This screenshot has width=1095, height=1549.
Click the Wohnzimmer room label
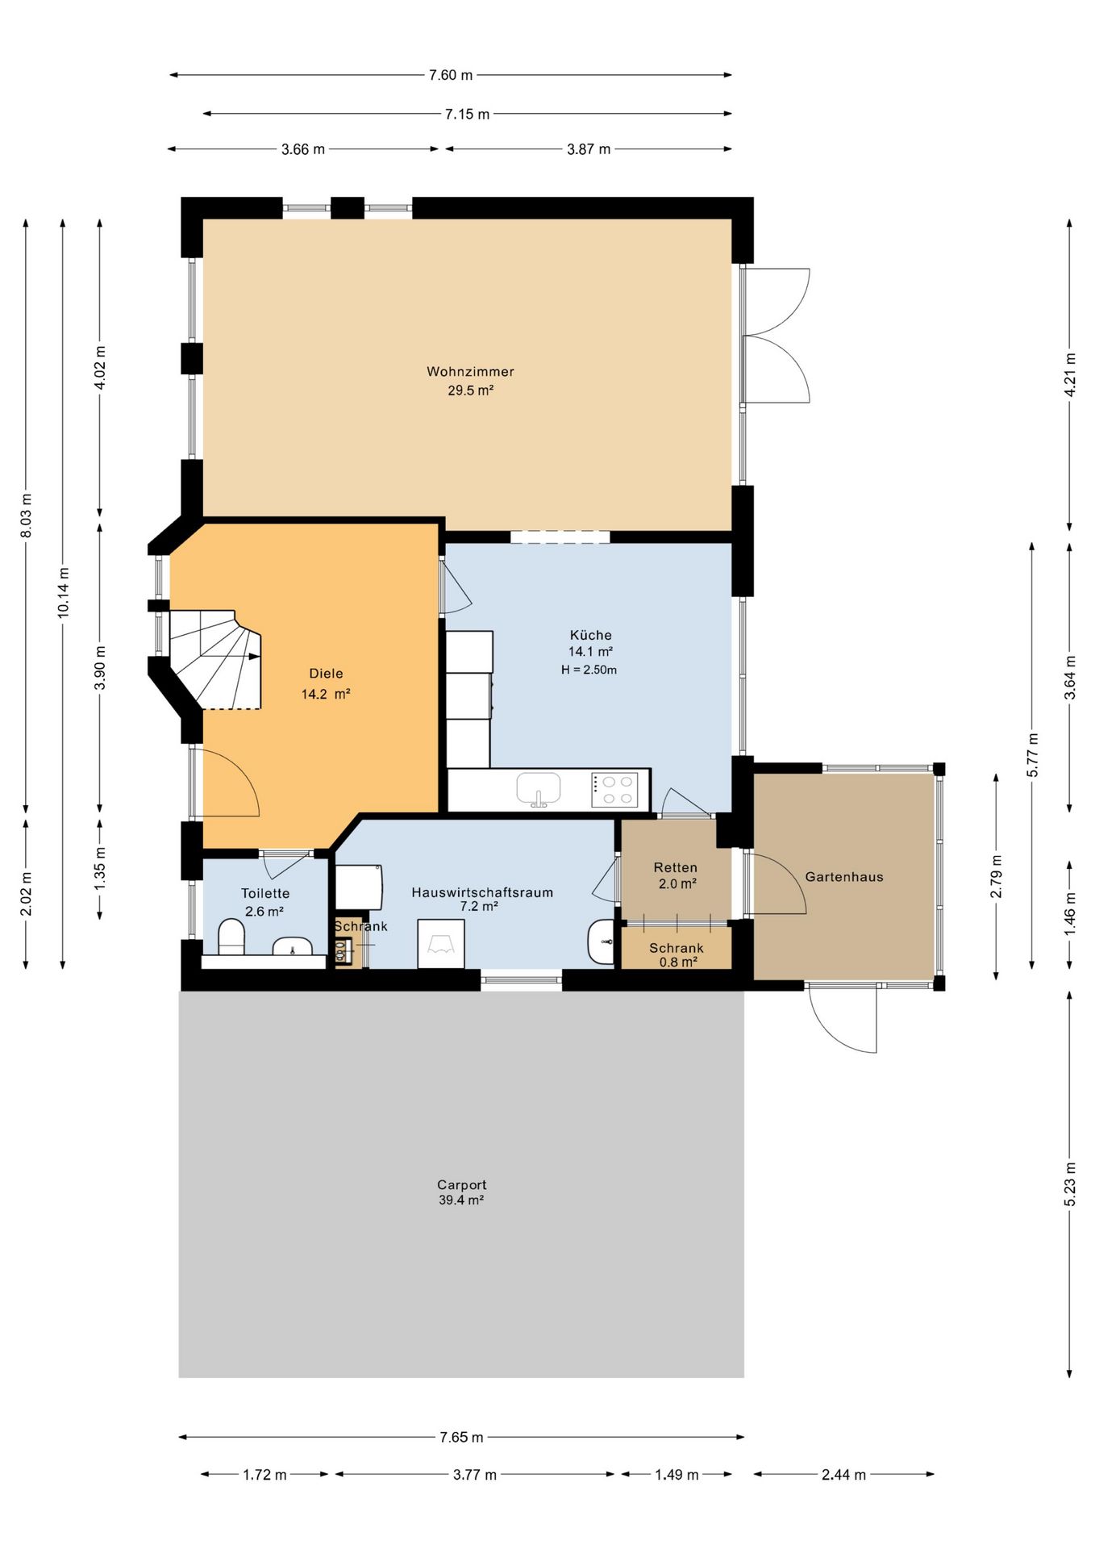(x=470, y=372)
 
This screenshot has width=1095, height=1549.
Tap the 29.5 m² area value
(x=470, y=390)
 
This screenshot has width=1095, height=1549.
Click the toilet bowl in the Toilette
(x=231, y=938)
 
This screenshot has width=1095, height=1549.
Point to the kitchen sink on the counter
(x=539, y=789)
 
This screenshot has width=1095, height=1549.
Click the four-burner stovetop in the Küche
(x=614, y=790)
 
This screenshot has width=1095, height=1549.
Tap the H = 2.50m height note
(x=589, y=670)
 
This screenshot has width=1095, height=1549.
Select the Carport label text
(x=461, y=1185)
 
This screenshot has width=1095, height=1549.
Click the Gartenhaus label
(x=844, y=877)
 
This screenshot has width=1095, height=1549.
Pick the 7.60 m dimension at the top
(x=451, y=75)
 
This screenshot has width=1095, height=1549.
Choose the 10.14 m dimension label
(x=63, y=593)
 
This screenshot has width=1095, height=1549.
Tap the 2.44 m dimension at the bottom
(x=843, y=1475)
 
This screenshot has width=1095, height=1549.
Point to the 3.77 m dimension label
(x=475, y=1475)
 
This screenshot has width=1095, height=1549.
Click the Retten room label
(x=676, y=867)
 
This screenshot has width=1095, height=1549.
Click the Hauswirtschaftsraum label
(x=482, y=892)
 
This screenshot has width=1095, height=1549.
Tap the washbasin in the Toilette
(x=292, y=946)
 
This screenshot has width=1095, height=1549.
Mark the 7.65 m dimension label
(x=461, y=1437)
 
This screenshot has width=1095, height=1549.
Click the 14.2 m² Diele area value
(x=326, y=694)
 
